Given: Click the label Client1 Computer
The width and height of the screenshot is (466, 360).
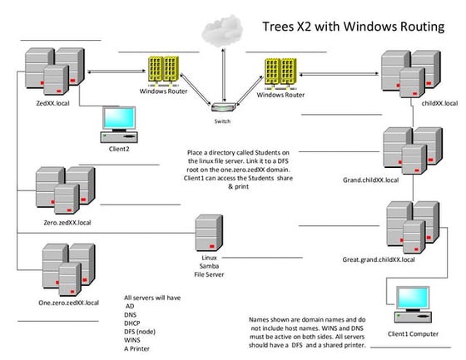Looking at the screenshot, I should (x=414, y=332).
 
